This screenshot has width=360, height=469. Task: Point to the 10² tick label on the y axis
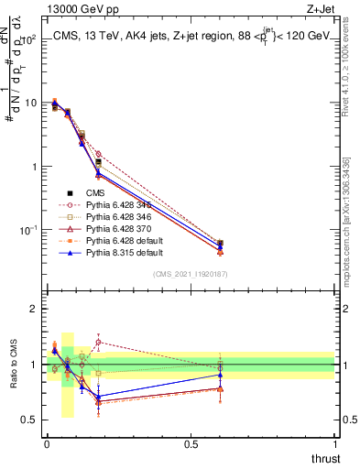coord(27,39)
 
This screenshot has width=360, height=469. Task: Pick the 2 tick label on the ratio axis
coord(29,309)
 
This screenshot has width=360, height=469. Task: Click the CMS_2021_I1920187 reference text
coord(191,275)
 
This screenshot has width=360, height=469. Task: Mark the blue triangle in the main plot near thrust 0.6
coord(220,245)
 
